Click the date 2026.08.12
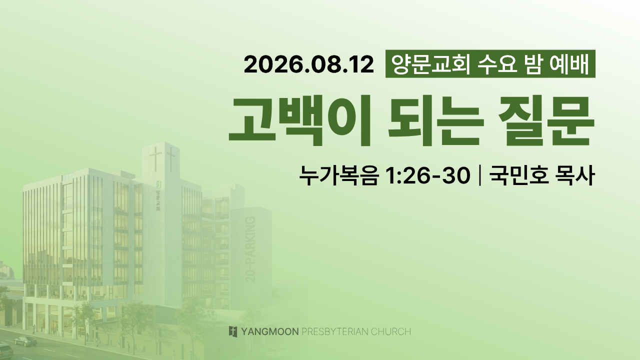pyautogui.click(x=309, y=64)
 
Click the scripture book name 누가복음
pyautogui.click(x=339, y=175)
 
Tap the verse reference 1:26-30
pyautogui.click(x=427, y=175)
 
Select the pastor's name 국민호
pyautogui.click(x=518, y=175)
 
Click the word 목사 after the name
pyautogui.click(x=574, y=175)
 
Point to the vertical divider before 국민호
pyautogui.click(x=479, y=175)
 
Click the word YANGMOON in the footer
pyautogui.click(x=269, y=332)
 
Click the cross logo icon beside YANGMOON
pyautogui.click(x=233, y=331)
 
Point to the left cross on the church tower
pyautogui.click(x=155, y=159)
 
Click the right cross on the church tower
pyautogui.click(x=171, y=159)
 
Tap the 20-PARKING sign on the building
pyautogui.click(x=250, y=249)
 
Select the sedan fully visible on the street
pyautogui.click(x=25, y=341)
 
